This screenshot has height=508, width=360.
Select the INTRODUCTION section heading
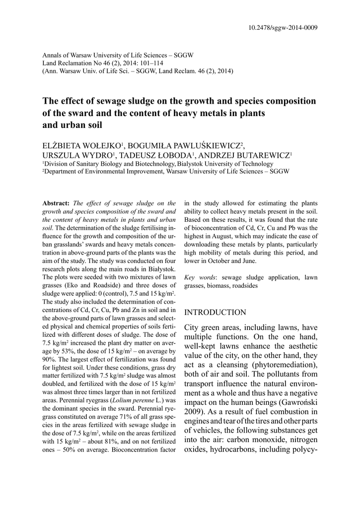pos(215,312)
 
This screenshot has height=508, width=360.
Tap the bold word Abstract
pos(56,203)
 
